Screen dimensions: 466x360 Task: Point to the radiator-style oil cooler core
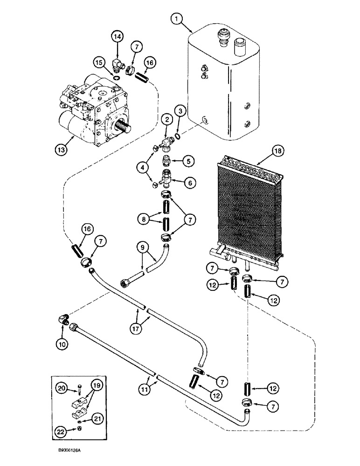click(249, 210)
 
